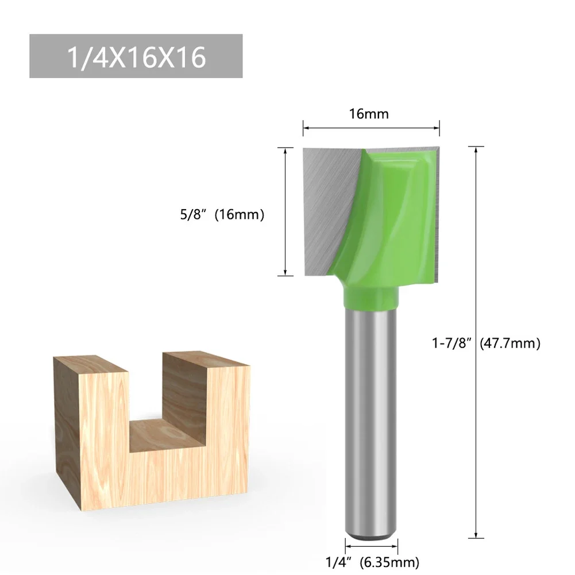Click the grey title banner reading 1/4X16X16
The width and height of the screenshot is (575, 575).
click(136, 56)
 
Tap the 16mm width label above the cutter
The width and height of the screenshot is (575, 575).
click(369, 114)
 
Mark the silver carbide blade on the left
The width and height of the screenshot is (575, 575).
click(325, 195)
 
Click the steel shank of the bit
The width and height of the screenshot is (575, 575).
click(371, 414)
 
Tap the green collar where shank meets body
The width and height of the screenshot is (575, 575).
click(371, 297)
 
